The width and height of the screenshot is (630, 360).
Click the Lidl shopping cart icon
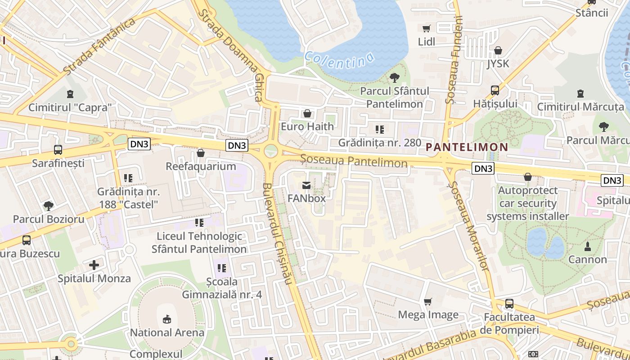pyautogui.click(x=426, y=28)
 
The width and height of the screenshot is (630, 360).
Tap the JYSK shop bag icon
pyautogui.click(x=498, y=50)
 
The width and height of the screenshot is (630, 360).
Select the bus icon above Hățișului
pyautogui.click(x=495, y=90)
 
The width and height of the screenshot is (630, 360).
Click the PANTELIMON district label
pyautogui.click(x=467, y=147)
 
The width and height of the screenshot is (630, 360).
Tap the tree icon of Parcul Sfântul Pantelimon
pyautogui.click(x=394, y=78)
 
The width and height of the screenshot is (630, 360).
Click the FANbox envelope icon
pyautogui.click(x=306, y=185)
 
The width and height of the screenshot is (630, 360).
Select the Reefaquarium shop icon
pyautogui.click(x=201, y=153)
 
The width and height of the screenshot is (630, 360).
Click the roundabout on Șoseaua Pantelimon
pyautogui.click(x=270, y=151)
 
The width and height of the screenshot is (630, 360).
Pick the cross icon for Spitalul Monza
pyautogui.click(x=94, y=265)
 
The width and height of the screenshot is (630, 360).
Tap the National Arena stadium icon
pyautogui.click(x=167, y=319)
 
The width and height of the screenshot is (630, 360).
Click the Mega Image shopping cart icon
pyautogui.click(x=428, y=301)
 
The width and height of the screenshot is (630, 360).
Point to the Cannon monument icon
pyautogui.click(x=587, y=247)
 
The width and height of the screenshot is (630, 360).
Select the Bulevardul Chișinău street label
pyautogui.click(x=279, y=233)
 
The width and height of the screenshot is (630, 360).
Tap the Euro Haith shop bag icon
pyautogui.click(x=307, y=113)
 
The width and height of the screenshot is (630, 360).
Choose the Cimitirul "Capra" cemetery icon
pyautogui.click(x=70, y=94)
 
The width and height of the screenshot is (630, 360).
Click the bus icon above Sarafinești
pyautogui.click(x=58, y=150)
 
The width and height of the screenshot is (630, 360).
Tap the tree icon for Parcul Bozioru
pyautogui.click(x=48, y=206)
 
